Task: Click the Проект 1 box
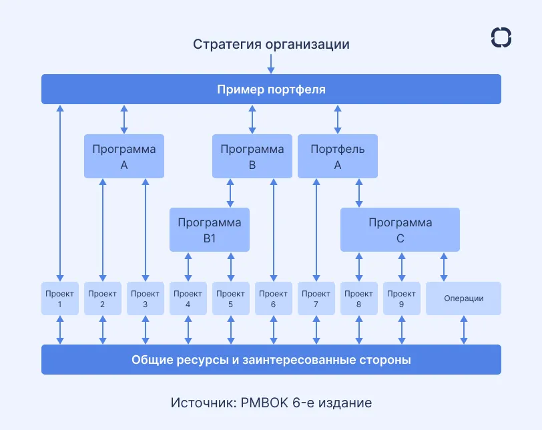pyautogui.click(x=59, y=298)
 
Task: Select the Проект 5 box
pyautogui.click(x=230, y=298)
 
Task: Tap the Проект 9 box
pyautogui.click(x=401, y=298)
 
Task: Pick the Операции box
pyautogui.click(x=463, y=298)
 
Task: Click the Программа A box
pyautogui.click(x=124, y=156)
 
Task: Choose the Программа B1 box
pyautogui.click(x=210, y=230)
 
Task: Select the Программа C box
pyautogui.click(x=400, y=230)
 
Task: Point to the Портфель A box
pyautogui.click(x=338, y=156)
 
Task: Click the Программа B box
pyautogui.click(x=252, y=156)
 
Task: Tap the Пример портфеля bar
pyautogui.click(x=271, y=89)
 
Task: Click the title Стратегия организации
pyautogui.click(x=271, y=45)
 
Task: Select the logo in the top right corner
pyautogui.click(x=501, y=37)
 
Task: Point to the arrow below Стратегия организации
pyautogui.click(x=271, y=63)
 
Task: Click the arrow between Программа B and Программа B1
pyautogui.click(x=231, y=192)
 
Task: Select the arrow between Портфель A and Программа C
pyautogui.click(x=359, y=192)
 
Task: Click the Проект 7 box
pyautogui.click(x=316, y=298)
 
